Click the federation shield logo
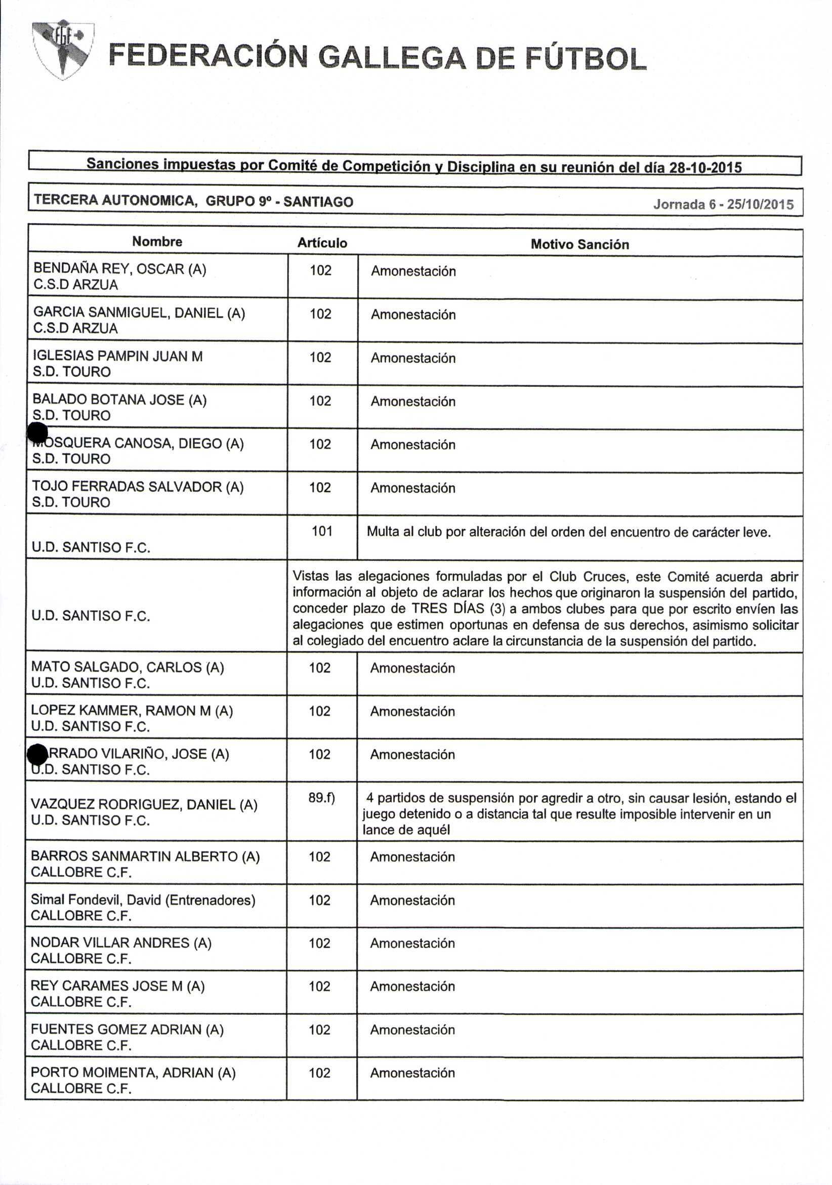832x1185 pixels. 63,50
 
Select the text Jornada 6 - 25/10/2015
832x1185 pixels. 723,205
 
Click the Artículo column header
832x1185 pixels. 322,243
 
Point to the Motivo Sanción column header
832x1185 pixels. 579,244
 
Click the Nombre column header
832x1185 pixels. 157,242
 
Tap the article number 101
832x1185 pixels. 322,531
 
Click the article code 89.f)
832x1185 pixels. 321,798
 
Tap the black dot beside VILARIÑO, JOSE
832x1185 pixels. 36,755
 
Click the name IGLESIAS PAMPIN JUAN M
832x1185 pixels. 117,356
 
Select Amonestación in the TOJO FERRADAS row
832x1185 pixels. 412,488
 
